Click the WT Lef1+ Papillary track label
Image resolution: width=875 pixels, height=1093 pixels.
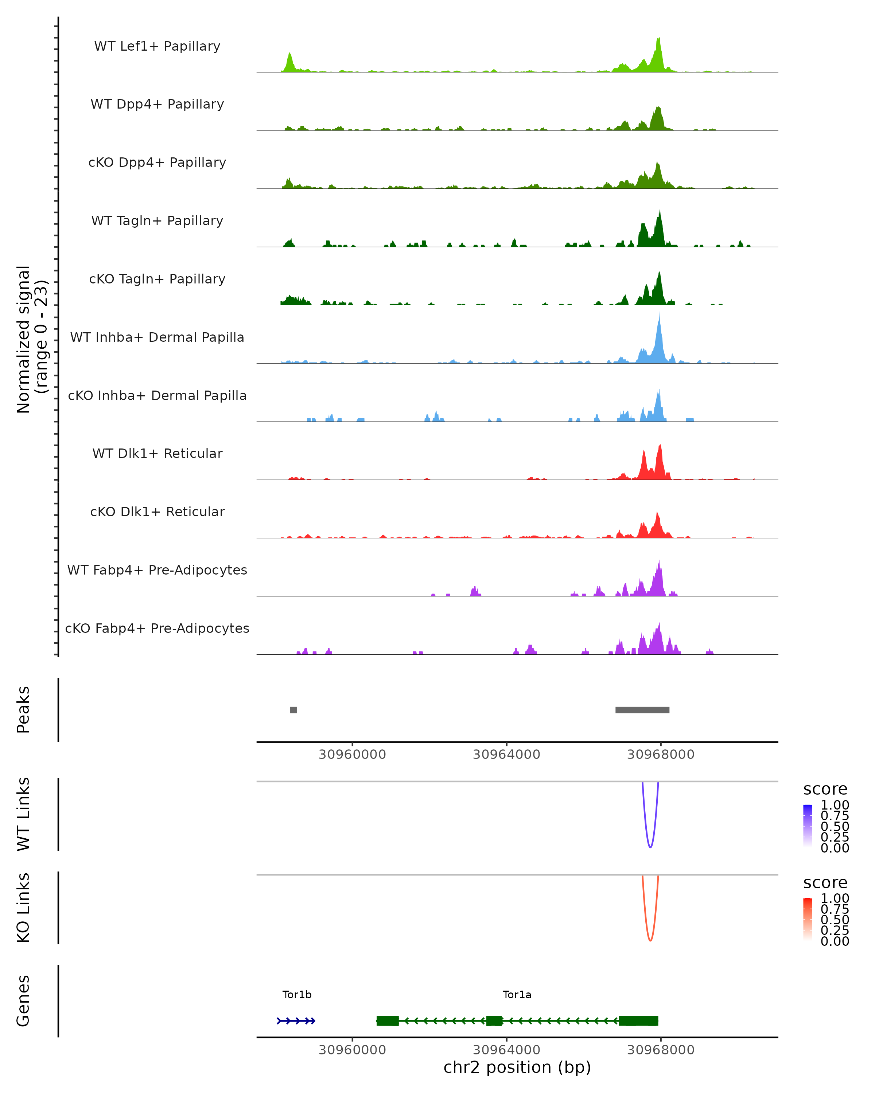pos(157,46)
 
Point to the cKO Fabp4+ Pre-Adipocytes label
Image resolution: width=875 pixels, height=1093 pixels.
pos(157,628)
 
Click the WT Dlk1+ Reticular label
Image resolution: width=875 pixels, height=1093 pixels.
pos(157,453)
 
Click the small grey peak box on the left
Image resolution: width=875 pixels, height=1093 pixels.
pos(293,710)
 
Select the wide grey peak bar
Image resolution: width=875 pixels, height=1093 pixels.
pos(642,710)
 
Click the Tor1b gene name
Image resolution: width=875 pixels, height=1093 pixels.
pos(297,995)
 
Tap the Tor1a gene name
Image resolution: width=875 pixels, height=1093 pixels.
pos(517,995)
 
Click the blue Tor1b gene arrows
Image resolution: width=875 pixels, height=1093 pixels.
pos(296,1021)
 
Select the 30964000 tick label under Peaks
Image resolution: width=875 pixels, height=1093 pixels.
pos(506,755)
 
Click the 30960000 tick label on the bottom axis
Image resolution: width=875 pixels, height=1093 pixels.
pos(352,1050)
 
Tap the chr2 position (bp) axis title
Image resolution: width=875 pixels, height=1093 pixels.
pos(517,1067)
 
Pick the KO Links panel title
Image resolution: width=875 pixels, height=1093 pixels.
pos(23,908)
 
